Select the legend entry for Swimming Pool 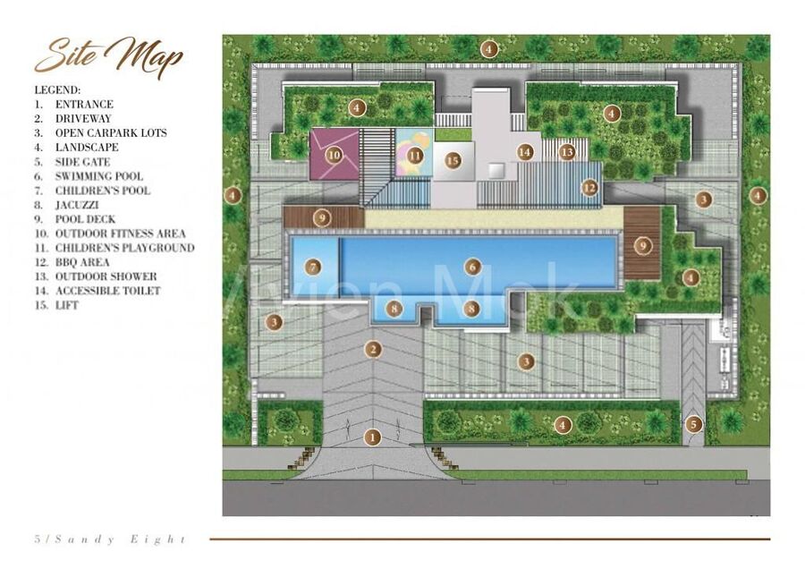[89, 176]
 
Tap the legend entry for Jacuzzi [67, 205]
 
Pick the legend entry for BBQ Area [72, 262]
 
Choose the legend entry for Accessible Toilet [97, 291]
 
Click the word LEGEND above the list [57, 90]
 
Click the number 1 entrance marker [372, 437]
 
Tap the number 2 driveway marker [373, 350]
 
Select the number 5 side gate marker [693, 424]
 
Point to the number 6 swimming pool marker [472, 267]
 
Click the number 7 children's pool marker [313, 267]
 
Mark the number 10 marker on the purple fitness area [335, 154]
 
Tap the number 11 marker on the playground [415, 155]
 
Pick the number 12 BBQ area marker [590, 188]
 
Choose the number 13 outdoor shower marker [567, 152]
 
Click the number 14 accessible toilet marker [525, 152]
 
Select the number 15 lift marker [453, 161]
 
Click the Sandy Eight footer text [110, 539]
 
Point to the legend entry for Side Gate [72, 162]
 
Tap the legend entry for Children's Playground [114, 248]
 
